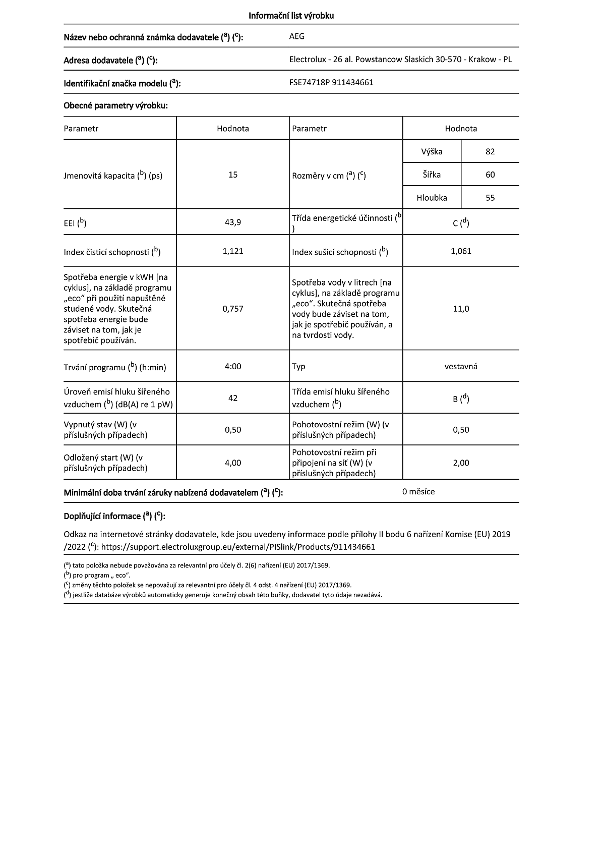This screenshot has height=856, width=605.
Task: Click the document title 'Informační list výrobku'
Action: tap(291, 16)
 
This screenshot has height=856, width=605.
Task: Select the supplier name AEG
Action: tap(297, 36)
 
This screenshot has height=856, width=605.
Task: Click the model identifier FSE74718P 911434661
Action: tap(331, 82)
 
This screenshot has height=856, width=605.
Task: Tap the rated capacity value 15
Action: tap(233, 175)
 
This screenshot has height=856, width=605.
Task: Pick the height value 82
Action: tap(490, 151)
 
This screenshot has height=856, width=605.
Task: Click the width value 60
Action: tap(490, 175)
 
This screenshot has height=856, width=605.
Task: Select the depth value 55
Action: tap(490, 198)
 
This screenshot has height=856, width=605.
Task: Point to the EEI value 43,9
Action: tap(233, 222)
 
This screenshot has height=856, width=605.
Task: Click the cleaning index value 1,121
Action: tap(233, 251)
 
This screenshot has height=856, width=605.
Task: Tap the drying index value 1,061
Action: tap(461, 251)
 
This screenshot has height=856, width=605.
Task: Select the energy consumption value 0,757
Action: tap(233, 309)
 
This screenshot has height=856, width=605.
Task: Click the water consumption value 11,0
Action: tap(461, 309)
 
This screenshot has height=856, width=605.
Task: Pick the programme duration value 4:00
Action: tap(233, 366)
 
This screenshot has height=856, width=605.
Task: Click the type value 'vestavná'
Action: tap(461, 366)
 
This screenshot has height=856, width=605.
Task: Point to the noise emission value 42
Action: tap(233, 398)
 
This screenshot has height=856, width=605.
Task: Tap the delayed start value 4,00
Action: tap(233, 463)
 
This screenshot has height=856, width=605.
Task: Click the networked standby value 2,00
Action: tap(461, 463)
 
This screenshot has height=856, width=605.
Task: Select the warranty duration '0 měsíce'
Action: tap(418, 491)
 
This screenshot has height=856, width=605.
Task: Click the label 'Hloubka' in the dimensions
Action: tap(432, 198)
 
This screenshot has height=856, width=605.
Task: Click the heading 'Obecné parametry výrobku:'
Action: tap(115, 105)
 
